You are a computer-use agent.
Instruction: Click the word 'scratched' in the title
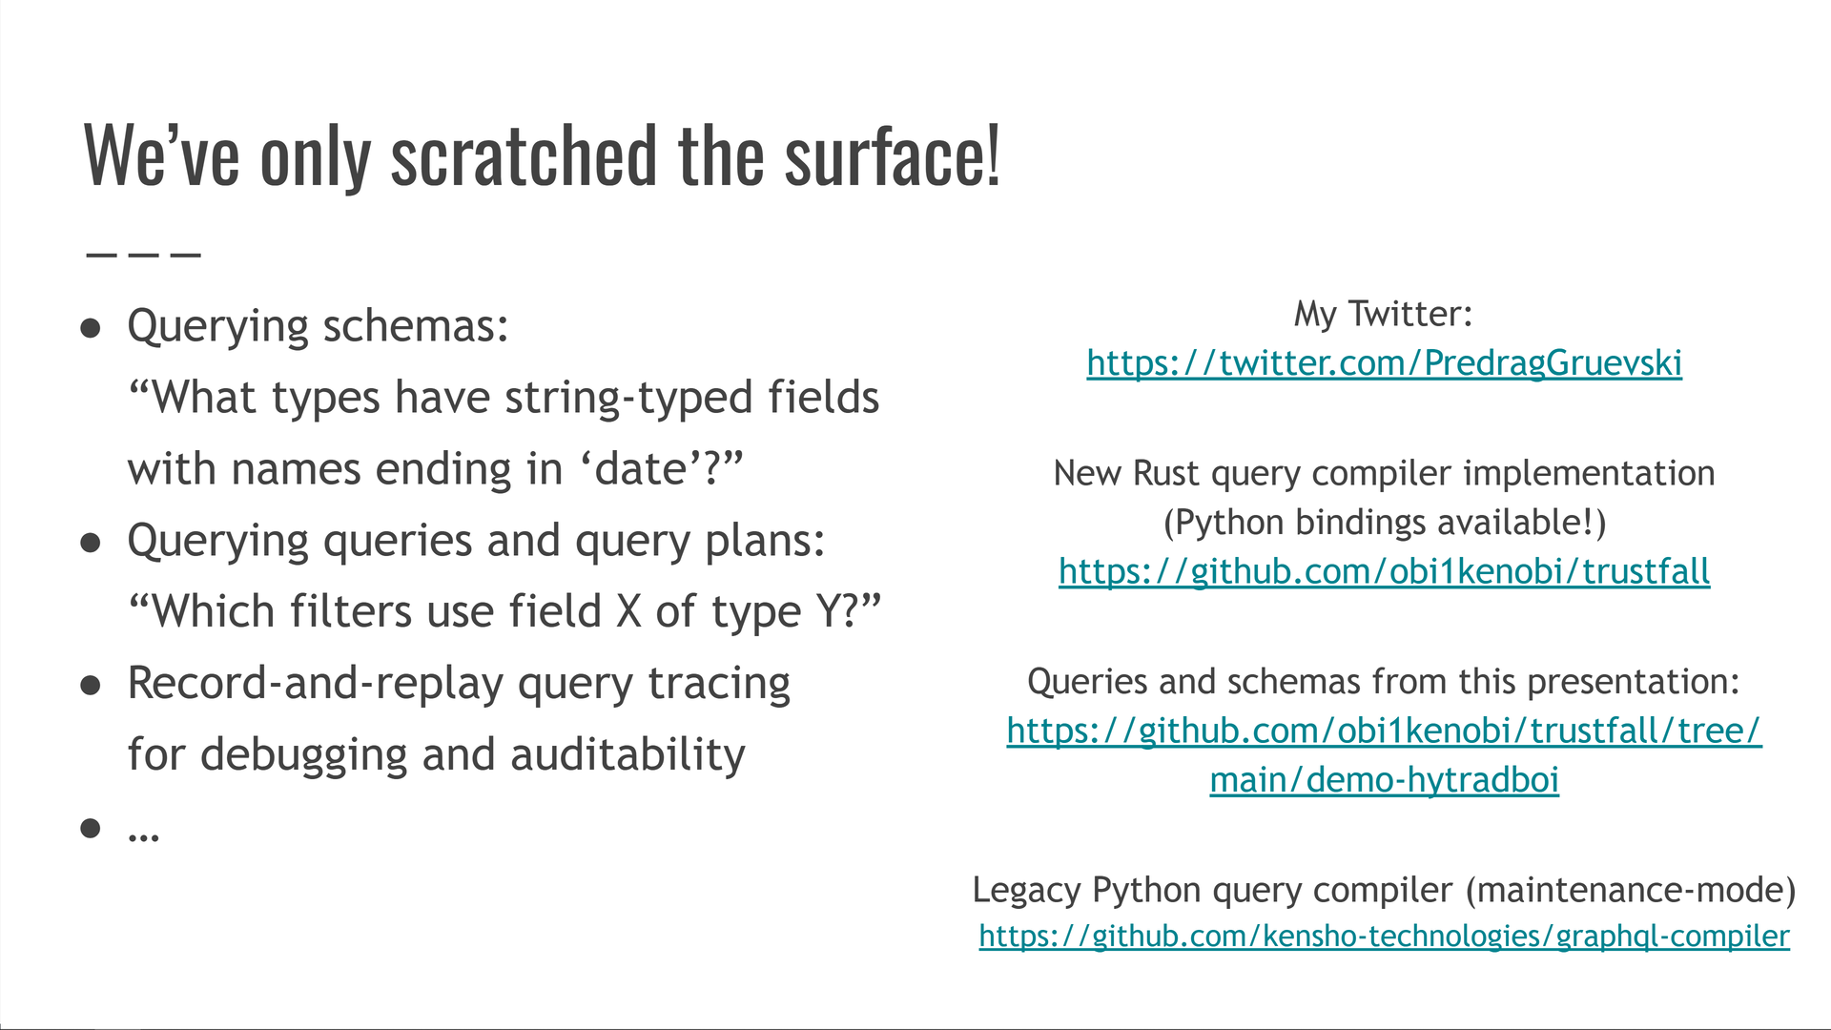pos(524,157)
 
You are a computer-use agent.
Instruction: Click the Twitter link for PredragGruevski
pos(1384,363)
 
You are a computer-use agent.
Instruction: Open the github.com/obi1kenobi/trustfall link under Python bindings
pos(1384,571)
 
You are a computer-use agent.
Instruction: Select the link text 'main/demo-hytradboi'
pos(1384,780)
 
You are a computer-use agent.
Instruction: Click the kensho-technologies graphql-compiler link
pos(1384,937)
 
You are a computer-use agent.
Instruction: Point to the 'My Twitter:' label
pos(1383,314)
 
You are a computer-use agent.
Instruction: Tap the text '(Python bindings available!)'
pos(1384,523)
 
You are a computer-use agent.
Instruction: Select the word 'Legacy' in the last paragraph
pos(1027,890)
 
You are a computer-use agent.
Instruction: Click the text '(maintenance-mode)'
pos(1630,890)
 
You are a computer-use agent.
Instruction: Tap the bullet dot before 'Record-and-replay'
pos(91,686)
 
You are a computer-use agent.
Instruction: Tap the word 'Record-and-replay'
pos(315,684)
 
